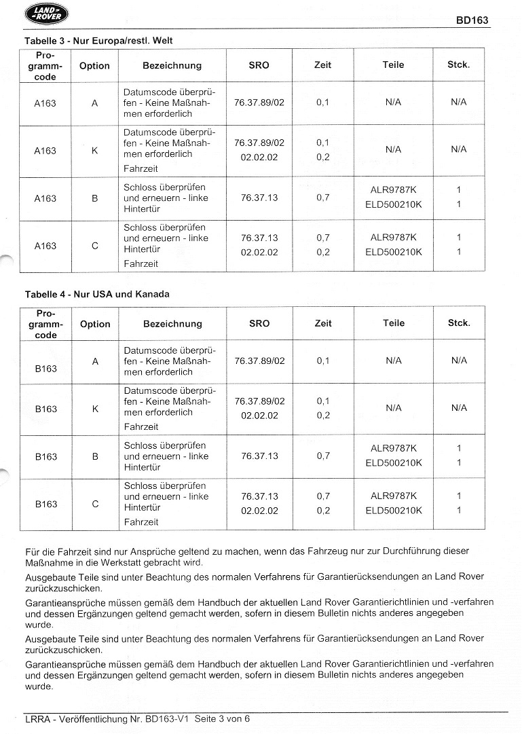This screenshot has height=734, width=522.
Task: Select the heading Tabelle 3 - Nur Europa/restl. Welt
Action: coord(98,41)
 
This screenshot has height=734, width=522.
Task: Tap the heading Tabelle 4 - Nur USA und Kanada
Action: coord(97,294)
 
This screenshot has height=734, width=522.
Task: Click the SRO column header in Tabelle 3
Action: coord(259,65)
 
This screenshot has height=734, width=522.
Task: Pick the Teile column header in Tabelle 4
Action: coord(394,323)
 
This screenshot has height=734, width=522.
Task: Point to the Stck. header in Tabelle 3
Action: coord(458,65)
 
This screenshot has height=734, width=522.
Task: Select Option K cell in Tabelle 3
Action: coord(94,151)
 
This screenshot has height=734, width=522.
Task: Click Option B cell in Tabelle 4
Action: coord(95,456)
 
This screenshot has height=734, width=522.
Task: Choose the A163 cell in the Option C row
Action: coord(45,246)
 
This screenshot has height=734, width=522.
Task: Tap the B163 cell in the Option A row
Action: coord(46,369)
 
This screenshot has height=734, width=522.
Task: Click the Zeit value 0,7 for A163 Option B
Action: coord(323,198)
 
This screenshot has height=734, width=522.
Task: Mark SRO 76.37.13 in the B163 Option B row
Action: coord(259,456)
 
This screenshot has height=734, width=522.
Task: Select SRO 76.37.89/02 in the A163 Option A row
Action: coord(259,103)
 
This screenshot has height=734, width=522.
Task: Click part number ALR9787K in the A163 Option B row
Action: coord(394,191)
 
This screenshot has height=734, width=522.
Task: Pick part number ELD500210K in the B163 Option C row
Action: coord(394,511)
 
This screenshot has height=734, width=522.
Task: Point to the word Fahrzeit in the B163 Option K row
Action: coord(141,427)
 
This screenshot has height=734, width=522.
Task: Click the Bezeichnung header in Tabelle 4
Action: coord(172,324)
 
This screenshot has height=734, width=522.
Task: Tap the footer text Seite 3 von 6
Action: coord(224,718)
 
